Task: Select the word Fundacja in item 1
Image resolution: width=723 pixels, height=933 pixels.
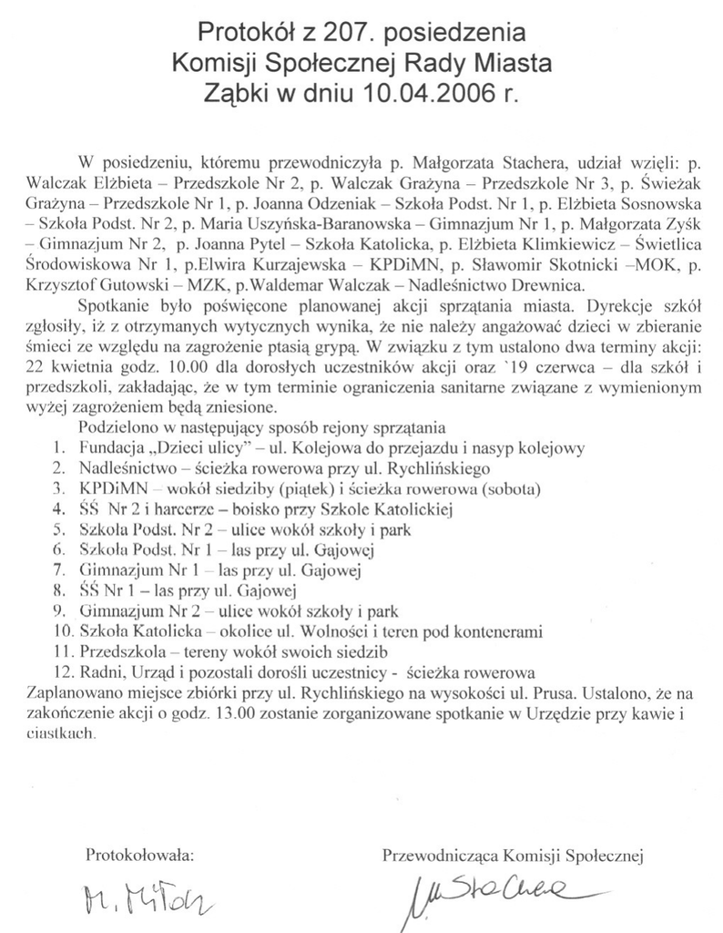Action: point(109,448)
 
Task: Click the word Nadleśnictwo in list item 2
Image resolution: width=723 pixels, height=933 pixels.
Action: point(122,467)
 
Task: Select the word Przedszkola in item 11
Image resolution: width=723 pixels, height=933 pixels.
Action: point(118,651)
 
